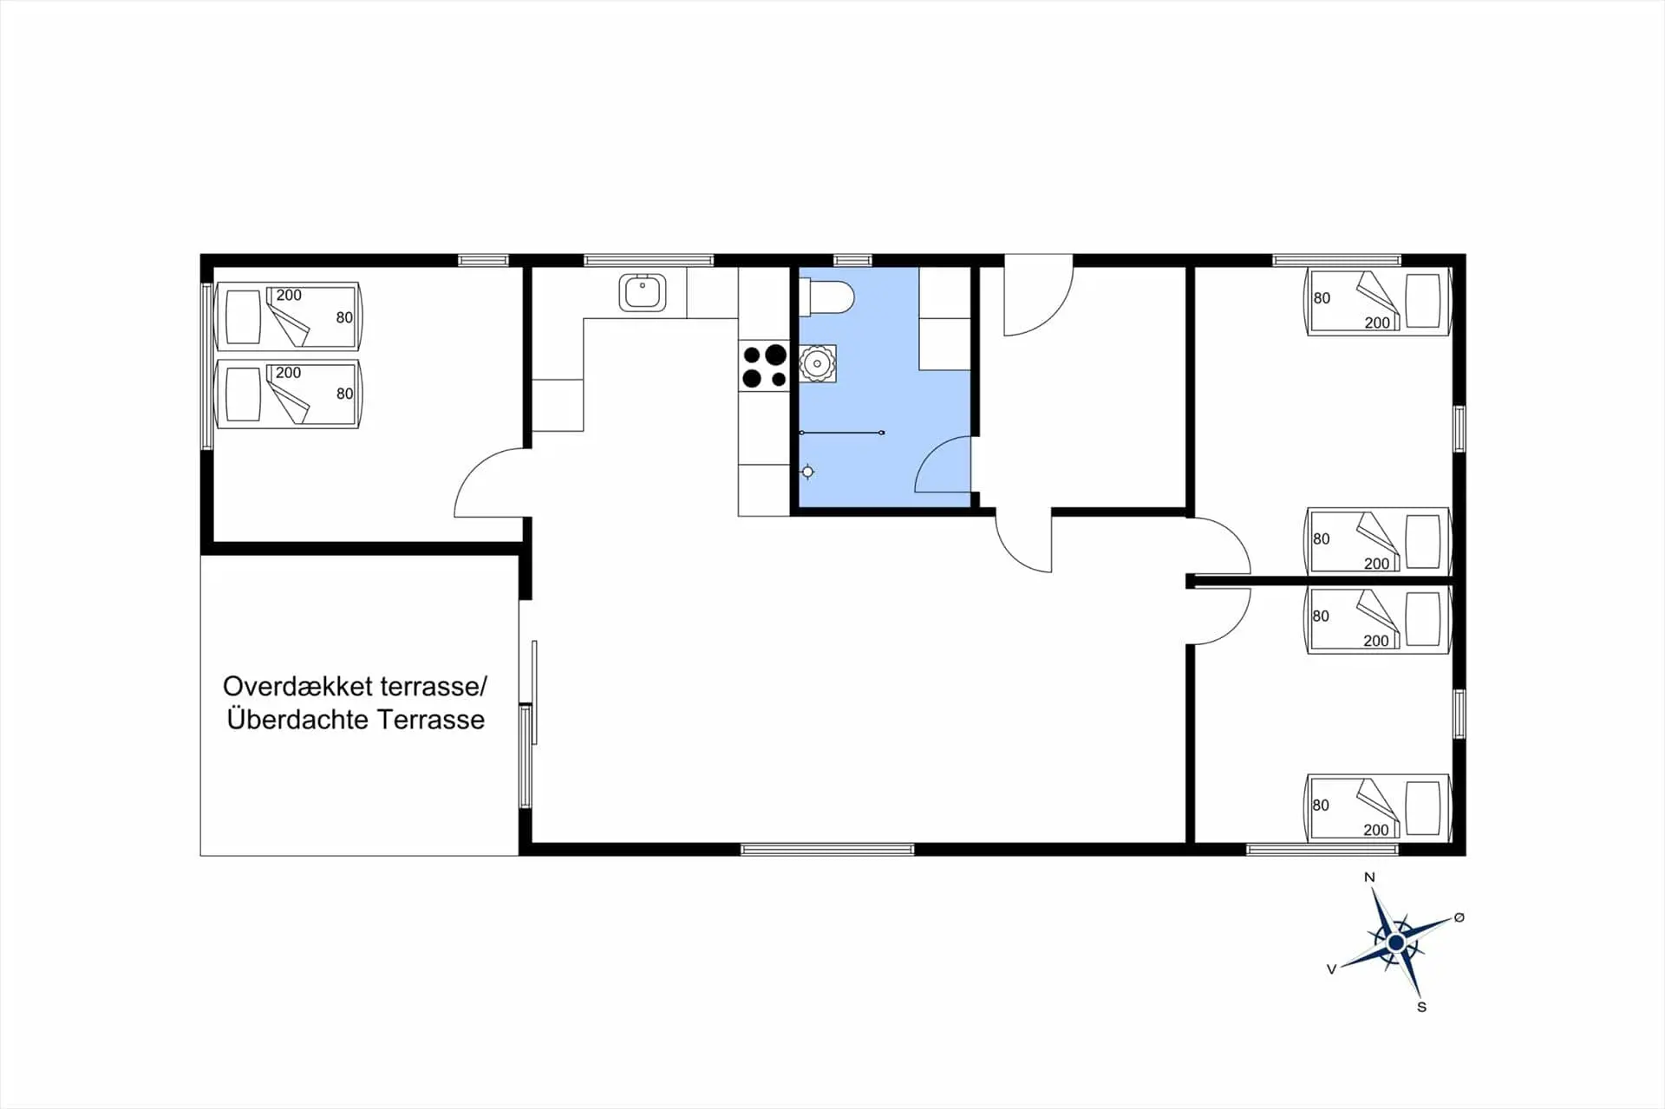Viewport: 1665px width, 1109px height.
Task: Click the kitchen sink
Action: [643, 292]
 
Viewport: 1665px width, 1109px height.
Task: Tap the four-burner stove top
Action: [764, 366]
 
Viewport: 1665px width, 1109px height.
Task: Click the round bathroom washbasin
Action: [817, 363]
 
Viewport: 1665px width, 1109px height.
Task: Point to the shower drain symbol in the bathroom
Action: [808, 472]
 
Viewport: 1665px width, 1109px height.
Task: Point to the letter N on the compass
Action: [1369, 877]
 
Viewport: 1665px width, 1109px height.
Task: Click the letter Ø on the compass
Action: [1459, 917]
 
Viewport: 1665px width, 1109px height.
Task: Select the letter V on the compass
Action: [1331, 969]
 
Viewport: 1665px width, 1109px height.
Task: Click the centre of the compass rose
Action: [1396, 943]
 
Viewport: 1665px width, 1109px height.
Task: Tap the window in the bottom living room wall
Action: [827, 850]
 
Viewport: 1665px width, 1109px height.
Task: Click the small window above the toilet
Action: [852, 260]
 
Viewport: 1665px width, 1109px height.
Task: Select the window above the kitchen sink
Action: [648, 260]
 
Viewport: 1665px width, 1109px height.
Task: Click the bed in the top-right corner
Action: [1378, 302]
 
